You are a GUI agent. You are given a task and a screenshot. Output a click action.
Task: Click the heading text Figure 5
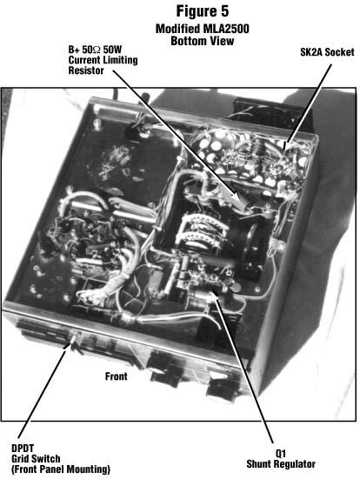click(203, 11)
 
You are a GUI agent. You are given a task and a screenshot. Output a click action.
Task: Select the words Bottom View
click(203, 41)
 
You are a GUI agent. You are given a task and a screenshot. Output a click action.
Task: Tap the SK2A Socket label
click(327, 52)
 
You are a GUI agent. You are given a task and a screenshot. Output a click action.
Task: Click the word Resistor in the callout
click(86, 70)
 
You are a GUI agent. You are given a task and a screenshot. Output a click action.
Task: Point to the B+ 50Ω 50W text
click(95, 50)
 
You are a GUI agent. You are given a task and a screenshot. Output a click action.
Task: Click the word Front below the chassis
click(117, 376)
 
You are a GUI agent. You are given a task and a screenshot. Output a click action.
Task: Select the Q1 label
click(281, 453)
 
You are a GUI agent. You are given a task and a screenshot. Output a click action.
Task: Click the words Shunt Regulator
click(281, 463)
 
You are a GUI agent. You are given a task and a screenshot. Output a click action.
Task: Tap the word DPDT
click(23, 449)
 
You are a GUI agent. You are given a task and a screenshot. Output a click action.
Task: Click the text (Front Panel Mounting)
click(61, 469)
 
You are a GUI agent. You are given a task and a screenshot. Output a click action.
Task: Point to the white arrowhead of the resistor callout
click(236, 196)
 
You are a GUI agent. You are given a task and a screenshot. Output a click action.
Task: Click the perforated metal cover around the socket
click(251, 156)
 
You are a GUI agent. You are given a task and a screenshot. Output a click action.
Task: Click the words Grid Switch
click(36, 458)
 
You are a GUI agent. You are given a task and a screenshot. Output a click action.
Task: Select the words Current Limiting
click(103, 60)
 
